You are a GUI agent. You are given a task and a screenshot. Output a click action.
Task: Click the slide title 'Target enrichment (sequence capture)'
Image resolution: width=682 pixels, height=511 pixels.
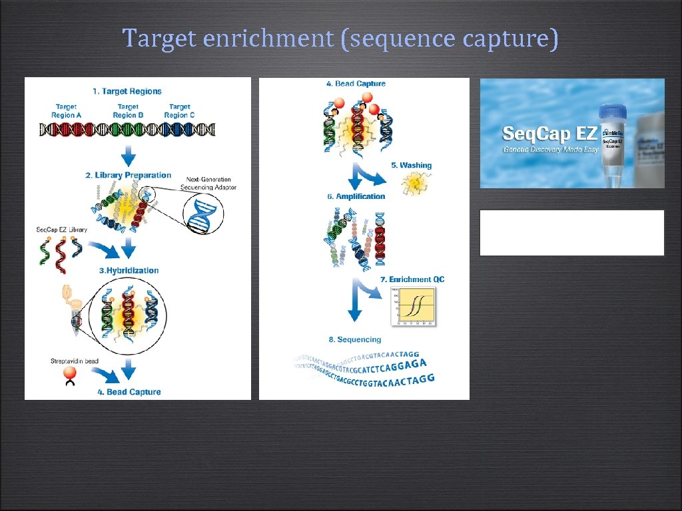coord(340,39)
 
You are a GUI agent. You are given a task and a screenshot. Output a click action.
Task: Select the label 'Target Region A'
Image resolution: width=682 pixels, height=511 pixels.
coord(66,110)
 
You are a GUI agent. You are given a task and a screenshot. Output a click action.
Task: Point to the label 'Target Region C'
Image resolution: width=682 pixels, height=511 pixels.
coord(179,110)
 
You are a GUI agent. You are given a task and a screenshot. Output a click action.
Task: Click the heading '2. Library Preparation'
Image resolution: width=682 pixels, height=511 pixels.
coord(129,176)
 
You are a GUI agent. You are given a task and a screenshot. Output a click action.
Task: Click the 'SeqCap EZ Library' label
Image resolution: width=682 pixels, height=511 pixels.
coord(61,230)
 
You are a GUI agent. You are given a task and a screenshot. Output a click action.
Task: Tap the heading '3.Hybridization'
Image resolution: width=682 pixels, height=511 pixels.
coord(129,271)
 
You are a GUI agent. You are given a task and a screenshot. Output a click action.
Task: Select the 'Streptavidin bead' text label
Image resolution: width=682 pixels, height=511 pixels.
coord(75,361)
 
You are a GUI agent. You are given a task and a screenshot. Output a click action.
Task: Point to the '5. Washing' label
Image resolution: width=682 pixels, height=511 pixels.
coord(416,166)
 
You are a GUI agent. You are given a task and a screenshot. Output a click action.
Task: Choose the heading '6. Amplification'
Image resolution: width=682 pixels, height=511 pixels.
coord(356,197)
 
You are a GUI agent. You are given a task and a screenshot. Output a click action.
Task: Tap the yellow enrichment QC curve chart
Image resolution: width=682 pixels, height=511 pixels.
coord(412,306)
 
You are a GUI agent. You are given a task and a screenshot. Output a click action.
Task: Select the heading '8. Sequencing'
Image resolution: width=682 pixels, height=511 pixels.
coord(354,340)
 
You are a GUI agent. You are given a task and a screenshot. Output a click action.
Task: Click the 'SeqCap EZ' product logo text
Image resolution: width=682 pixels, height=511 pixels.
coord(549,133)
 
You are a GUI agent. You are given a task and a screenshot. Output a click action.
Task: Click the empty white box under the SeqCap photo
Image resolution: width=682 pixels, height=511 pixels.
coord(572,233)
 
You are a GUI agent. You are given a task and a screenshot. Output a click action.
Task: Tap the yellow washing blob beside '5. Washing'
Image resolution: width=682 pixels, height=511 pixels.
coord(415,183)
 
